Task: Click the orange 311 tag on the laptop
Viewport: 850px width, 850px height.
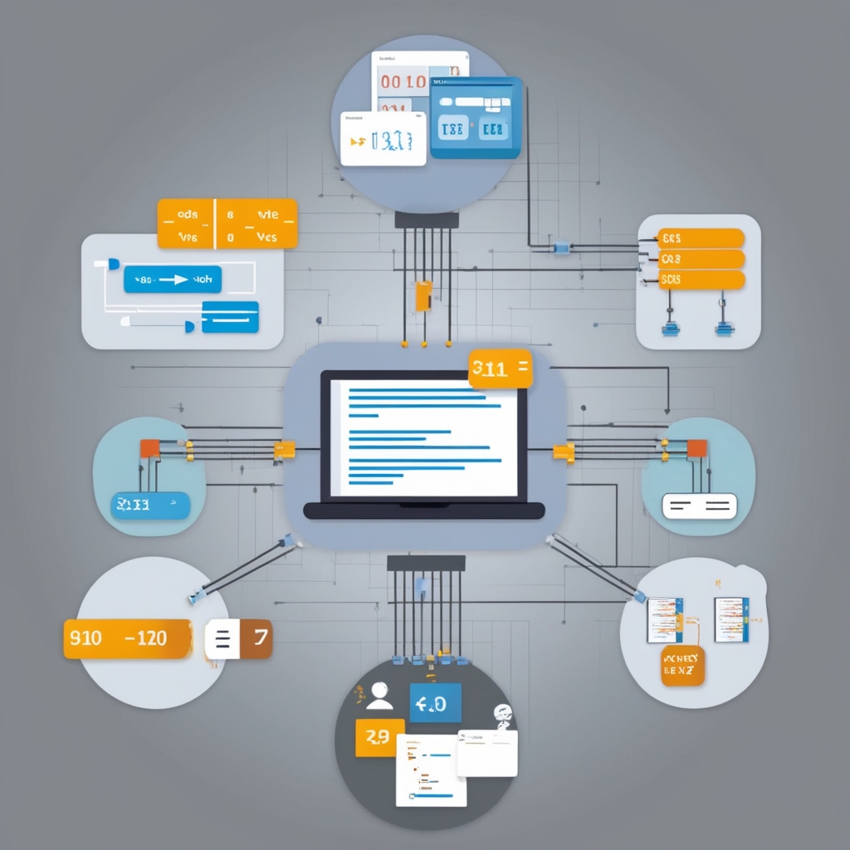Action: [500, 369]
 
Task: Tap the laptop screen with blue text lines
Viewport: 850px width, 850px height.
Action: [423, 437]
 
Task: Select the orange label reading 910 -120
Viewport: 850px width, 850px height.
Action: [128, 638]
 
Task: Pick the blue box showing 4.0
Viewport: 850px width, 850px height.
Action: [435, 704]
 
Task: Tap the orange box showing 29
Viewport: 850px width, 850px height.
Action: [379, 738]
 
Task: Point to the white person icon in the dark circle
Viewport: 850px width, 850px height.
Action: [380, 696]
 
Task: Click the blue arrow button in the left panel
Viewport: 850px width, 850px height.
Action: [172, 280]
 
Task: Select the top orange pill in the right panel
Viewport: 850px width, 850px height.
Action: [701, 238]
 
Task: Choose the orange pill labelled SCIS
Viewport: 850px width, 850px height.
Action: [701, 280]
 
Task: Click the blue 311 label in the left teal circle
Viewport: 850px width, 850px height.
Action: [150, 505]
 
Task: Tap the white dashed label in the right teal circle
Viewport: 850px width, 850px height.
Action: [699, 506]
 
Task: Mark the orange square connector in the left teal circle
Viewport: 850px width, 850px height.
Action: [149, 448]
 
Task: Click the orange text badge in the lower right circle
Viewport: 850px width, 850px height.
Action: [682, 667]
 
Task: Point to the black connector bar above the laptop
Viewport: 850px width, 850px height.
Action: [427, 220]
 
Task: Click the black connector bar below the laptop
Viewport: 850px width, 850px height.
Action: [427, 563]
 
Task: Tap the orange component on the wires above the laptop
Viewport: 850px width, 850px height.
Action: [423, 296]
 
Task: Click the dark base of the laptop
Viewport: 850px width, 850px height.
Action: [423, 510]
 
